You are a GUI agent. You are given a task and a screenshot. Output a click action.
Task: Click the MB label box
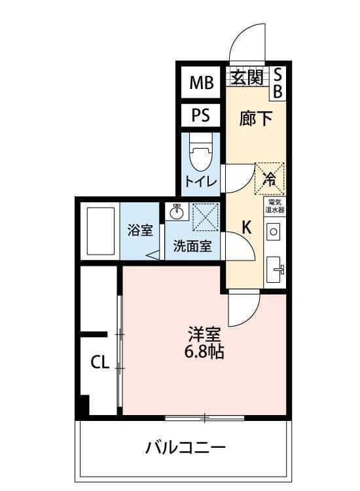[202, 82]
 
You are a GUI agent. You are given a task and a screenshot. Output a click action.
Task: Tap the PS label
[201, 115]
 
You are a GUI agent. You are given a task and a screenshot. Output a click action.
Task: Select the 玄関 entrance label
[247, 77]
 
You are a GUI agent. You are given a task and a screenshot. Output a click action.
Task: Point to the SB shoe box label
[277, 83]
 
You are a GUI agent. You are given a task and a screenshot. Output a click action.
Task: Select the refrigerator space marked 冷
[269, 178]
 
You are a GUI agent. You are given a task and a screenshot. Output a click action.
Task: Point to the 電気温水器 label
[274, 207]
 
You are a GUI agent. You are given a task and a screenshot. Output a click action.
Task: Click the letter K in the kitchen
[247, 227]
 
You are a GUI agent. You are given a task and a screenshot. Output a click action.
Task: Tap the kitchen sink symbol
[274, 268]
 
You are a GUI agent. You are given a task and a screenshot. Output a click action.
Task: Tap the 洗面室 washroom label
[192, 247]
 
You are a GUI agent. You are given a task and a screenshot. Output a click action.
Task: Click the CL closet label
[99, 362]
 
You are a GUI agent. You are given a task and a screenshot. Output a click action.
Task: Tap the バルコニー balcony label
[185, 448]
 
